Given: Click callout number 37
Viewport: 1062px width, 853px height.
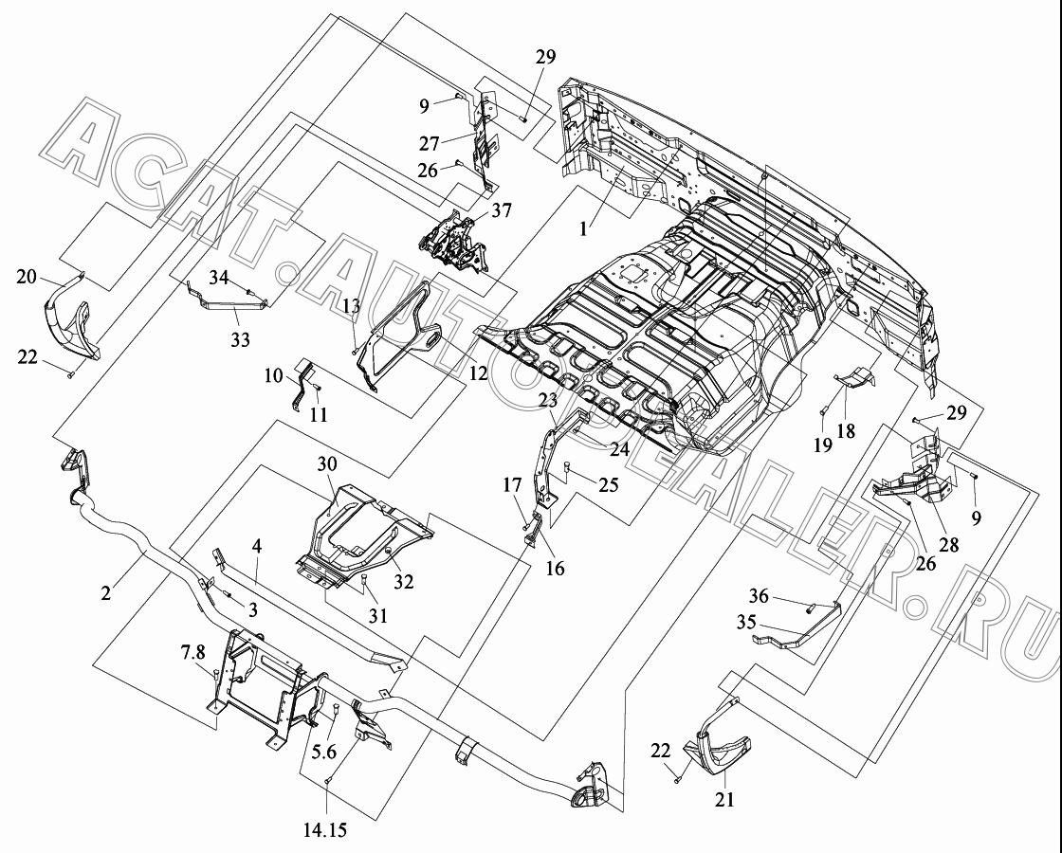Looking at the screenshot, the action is click(x=502, y=211).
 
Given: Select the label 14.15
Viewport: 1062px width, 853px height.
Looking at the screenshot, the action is click(x=326, y=828).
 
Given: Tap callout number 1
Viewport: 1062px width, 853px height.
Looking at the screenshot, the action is click(x=583, y=228).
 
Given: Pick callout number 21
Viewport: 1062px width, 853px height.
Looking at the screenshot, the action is click(x=724, y=800).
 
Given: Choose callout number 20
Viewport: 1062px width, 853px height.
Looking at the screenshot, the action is click(x=27, y=277).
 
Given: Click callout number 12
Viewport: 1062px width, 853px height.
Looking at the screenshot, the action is click(x=478, y=372).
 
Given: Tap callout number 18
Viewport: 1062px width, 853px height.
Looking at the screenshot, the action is click(x=846, y=430).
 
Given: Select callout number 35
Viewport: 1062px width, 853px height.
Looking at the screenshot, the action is click(x=745, y=622).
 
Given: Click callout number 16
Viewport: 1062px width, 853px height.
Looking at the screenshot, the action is click(x=555, y=568).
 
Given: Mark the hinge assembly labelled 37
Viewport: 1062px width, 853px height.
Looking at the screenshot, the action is click(x=455, y=243).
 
